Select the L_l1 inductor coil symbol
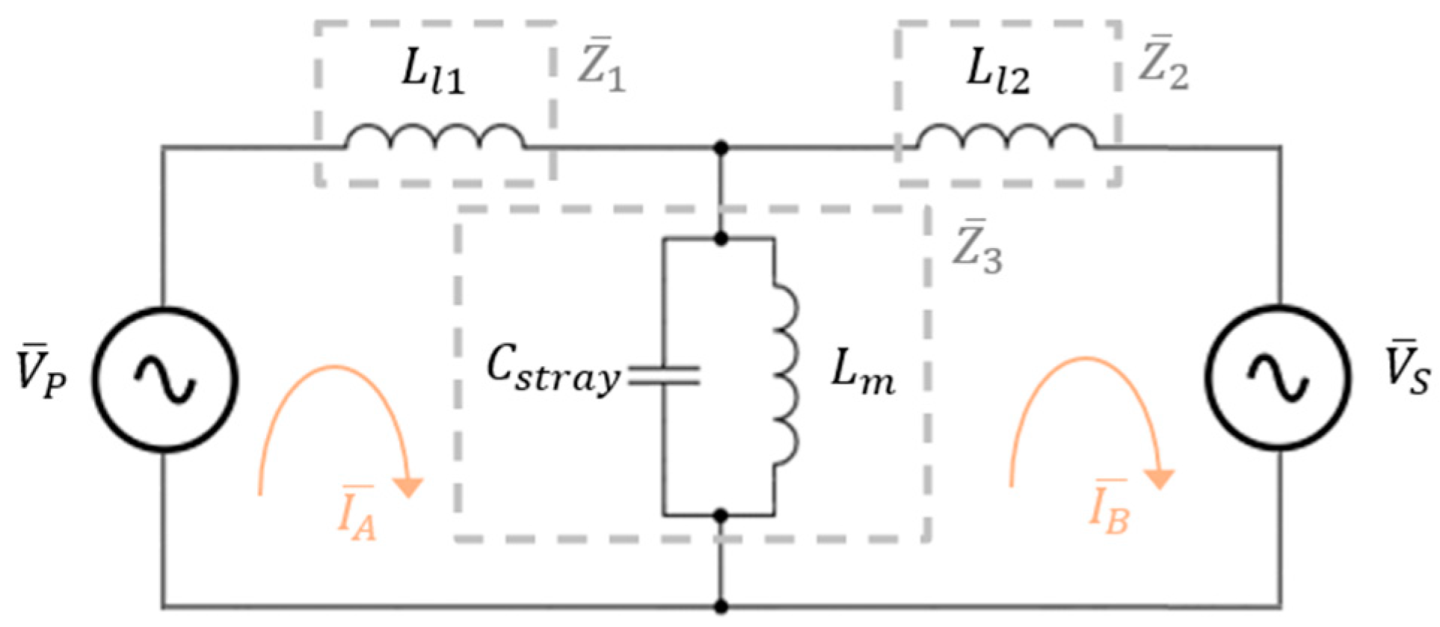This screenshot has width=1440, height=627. click(434, 138)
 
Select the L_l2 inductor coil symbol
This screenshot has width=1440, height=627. click(1006, 138)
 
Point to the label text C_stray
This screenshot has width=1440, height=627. click(553, 369)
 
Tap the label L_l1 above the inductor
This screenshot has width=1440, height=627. click(433, 73)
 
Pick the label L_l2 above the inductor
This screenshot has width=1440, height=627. click(997, 73)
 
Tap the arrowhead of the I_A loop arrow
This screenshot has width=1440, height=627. click(408, 487)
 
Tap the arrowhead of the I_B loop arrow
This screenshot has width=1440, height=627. click(1160, 479)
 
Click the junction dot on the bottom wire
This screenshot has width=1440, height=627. click(721, 605)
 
